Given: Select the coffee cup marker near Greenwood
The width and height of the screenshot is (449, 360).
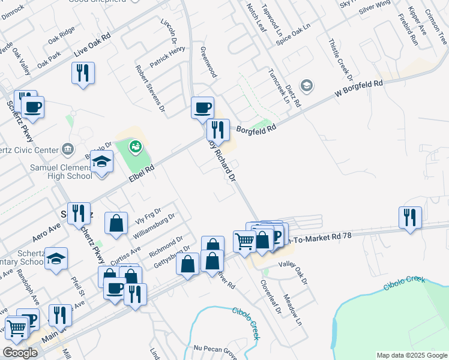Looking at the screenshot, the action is click(x=202, y=107).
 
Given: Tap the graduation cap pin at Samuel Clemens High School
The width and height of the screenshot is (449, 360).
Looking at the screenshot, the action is click(x=102, y=161).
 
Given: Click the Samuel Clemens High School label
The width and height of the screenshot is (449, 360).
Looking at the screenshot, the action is click(x=62, y=171).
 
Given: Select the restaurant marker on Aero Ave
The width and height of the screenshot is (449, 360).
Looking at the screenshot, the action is click(x=79, y=212).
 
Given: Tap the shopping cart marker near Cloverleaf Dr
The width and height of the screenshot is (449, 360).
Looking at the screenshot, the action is click(x=244, y=241).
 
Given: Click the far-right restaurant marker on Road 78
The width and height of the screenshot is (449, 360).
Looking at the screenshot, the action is click(x=411, y=217).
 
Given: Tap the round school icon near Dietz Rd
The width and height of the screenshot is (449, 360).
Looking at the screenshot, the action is click(x=307, y=86).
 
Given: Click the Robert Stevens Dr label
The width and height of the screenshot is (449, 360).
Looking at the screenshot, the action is click(x=150, y=88).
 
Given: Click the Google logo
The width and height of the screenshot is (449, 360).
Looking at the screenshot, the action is click(x=20, y=353).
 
